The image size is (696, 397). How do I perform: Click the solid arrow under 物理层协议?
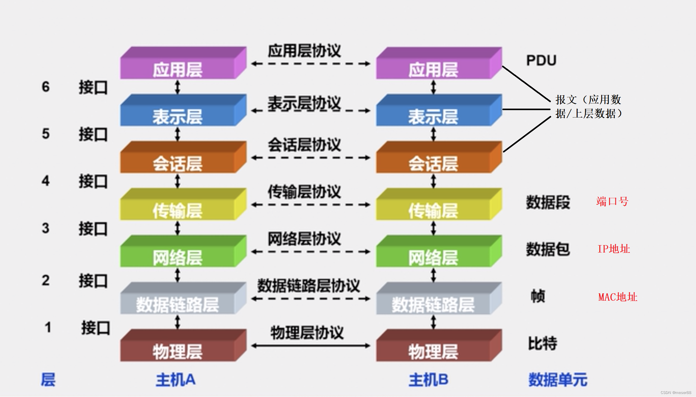coord(311,346)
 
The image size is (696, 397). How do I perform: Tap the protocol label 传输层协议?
coord(304,192)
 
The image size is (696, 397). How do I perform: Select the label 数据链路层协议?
coord(308,286)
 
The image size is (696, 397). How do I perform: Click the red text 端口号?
coord(612,202)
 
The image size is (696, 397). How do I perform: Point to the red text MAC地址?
coord(618,297)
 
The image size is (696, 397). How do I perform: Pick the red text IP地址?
coord(614,249)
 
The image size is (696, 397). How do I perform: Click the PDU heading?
coord(541,60)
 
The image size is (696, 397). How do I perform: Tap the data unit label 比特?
coord(543,343)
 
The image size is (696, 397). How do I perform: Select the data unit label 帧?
coord(538,296)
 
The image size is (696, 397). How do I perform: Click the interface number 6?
coord(46,87)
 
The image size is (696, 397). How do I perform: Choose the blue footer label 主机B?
coord(428,380)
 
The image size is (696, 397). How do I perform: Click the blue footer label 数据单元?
coord(558,380)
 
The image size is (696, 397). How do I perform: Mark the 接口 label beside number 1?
coord(95,328)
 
